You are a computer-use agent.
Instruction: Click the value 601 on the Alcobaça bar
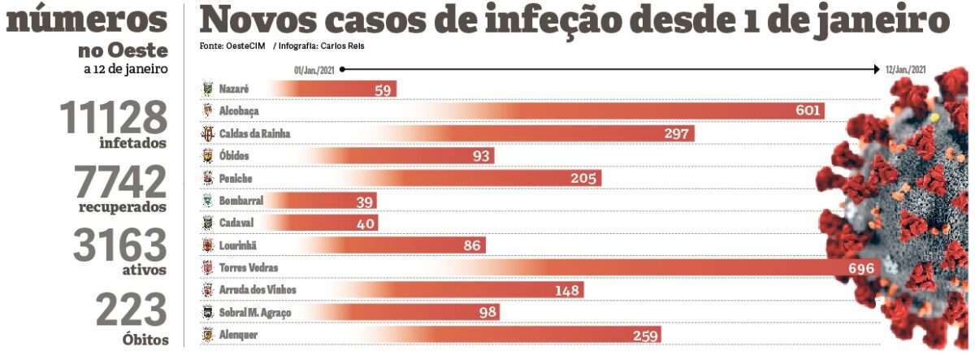click(808, 111)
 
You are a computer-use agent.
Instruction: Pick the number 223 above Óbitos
click(131, 310)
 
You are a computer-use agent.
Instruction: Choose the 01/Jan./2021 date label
click(315, 70)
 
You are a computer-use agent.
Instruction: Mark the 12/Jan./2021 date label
click(905, 70)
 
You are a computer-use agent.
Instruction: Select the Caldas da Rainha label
click(254, 132)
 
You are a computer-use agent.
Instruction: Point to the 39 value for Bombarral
click(365, 201)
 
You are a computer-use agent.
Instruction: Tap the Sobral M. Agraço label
click(256, 312)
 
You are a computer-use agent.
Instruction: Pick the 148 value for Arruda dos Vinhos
click(568, 290)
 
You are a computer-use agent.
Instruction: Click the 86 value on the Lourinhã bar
click(471, 245)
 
